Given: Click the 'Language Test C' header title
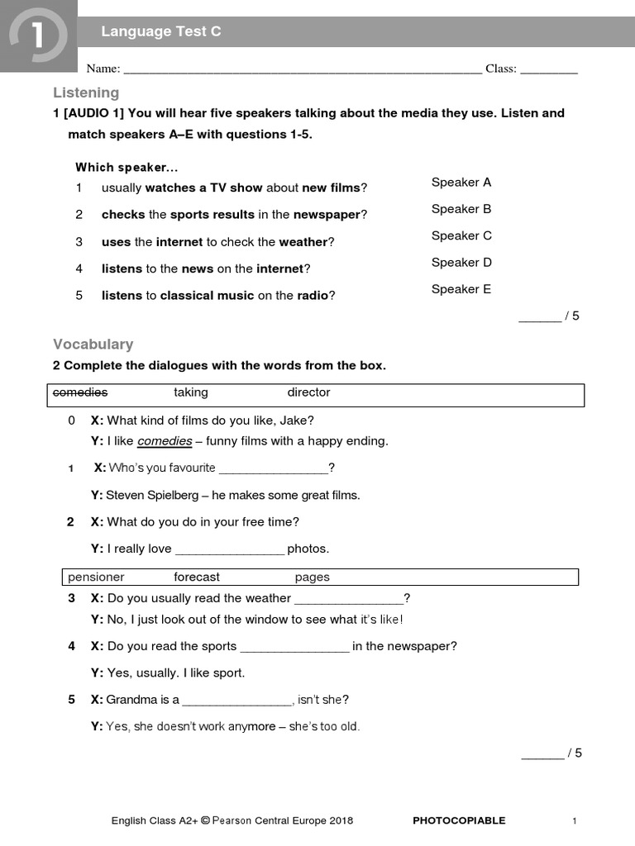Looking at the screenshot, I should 161,32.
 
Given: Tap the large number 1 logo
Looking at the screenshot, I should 37,37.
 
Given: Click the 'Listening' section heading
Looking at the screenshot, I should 86,93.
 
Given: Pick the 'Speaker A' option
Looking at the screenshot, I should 461,183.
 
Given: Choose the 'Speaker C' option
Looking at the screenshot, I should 461,235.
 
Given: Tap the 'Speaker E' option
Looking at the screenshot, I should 461,289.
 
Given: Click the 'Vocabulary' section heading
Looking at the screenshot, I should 93,345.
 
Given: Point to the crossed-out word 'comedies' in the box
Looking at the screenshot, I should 80,392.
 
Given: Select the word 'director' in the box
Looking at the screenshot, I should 308,392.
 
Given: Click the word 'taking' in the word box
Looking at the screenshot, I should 191,392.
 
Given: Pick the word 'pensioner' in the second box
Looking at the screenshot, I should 96,577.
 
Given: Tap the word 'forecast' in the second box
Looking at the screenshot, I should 197,577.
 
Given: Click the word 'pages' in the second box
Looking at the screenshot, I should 312,577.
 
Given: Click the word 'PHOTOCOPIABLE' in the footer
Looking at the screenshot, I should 459,820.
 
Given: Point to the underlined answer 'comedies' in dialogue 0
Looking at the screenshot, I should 165,441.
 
